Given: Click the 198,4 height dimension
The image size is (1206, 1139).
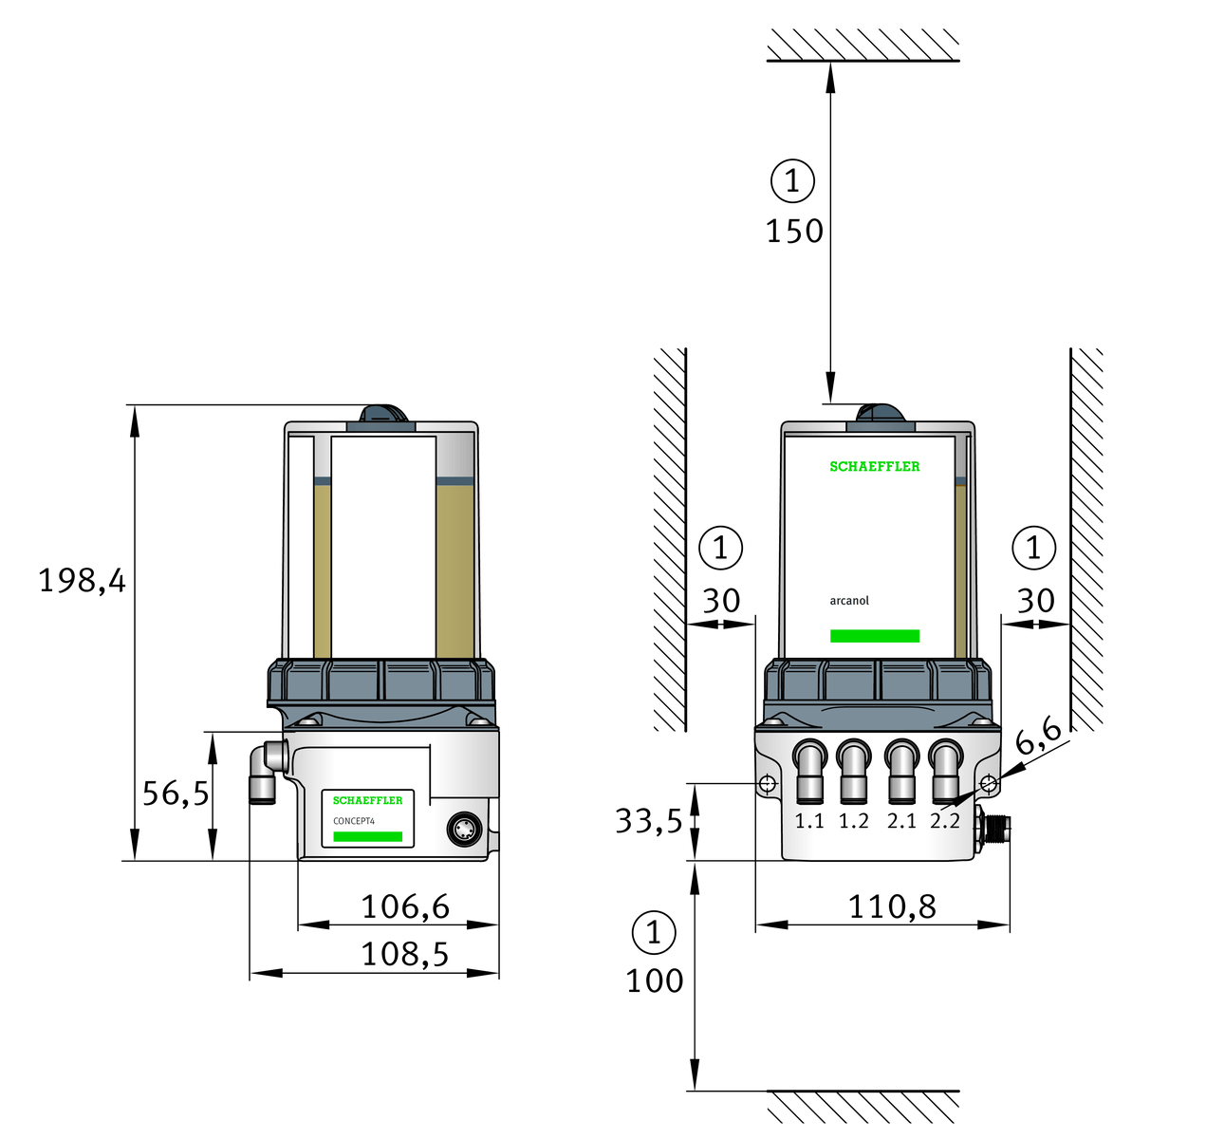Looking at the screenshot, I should [82, 580].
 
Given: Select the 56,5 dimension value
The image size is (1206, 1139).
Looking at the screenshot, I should [176, 793].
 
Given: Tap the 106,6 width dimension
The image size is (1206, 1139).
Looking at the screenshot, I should [405, 907].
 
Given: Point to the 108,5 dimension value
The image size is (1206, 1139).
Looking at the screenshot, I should [405, 954].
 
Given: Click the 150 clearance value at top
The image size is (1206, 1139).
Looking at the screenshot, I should [794, 231].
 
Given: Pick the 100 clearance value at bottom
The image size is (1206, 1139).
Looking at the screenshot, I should [654, 980].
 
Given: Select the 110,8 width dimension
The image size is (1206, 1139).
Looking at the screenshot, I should [892, 907].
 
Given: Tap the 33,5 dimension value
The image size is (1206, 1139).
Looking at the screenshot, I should [649, 820].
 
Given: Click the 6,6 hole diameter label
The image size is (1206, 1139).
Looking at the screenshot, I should [1038, 736].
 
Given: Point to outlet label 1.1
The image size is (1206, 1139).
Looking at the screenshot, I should [809, 821].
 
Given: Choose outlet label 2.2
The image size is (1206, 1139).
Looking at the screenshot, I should [945, 821].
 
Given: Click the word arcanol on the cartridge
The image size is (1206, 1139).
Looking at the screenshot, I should [849, 601].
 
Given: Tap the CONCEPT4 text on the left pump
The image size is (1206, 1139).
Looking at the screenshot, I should [354, 821].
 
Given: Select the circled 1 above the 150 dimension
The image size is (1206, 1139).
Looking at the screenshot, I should [792, 180].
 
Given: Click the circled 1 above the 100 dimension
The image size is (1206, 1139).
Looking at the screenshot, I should [654, 933].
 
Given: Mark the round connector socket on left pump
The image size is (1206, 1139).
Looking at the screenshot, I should [464, 830].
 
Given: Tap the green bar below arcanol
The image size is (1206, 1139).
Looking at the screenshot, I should [875, 636].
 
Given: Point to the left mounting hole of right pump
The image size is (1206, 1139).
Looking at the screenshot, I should [768, 783].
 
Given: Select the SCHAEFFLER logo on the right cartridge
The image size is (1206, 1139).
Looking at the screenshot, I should [875, 466].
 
